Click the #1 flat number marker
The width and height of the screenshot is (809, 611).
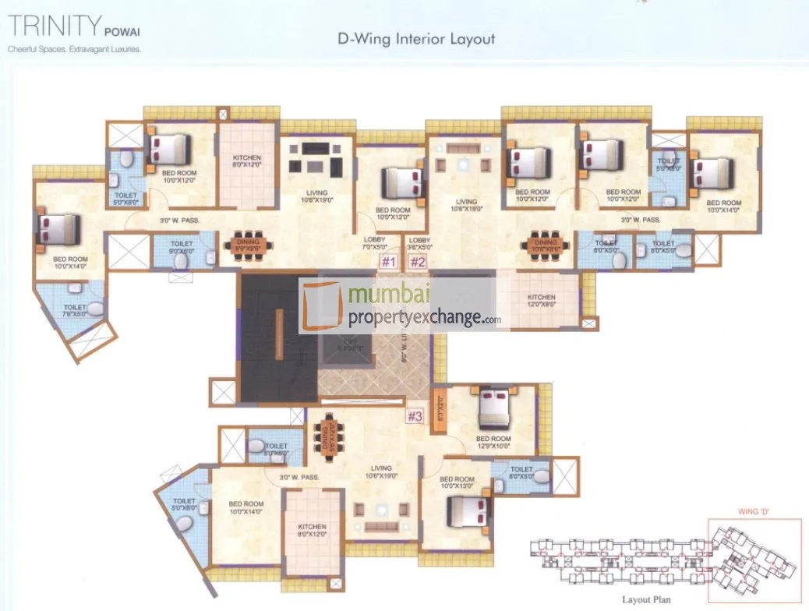pos(389,262)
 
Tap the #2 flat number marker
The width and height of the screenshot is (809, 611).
pos(418,262)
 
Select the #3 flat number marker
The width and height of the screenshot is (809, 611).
pos(415,416)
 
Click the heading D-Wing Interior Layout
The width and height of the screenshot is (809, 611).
pos(416,38)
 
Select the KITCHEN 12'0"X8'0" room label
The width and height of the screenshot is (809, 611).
pos(541,302)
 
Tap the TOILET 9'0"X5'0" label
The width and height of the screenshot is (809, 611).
pos(182,247)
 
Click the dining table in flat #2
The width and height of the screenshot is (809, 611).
pos(546,243)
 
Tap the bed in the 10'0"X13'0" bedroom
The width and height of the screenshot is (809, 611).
pos(468,510)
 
